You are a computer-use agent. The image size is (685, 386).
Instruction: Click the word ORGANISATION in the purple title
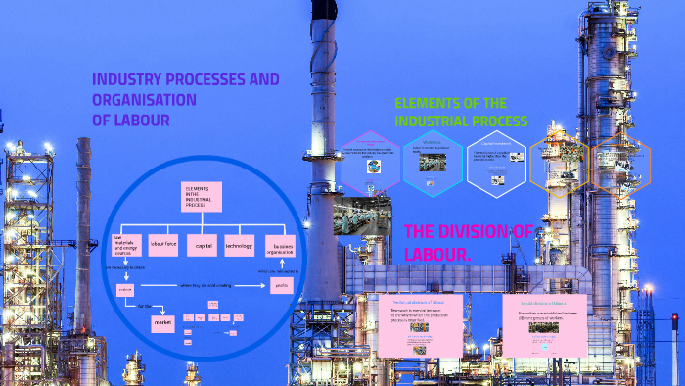pos(144,100)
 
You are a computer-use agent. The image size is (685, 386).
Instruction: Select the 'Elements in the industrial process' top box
pos(203,197)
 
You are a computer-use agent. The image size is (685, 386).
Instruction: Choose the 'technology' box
pos(239,245)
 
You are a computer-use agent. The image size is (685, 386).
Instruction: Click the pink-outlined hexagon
pos(372,161)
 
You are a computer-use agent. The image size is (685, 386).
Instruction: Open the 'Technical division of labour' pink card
pos(420,324)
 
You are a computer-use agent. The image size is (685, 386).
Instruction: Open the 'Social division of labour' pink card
pos(544,324)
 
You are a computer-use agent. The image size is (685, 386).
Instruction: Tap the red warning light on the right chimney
pos(674,317)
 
